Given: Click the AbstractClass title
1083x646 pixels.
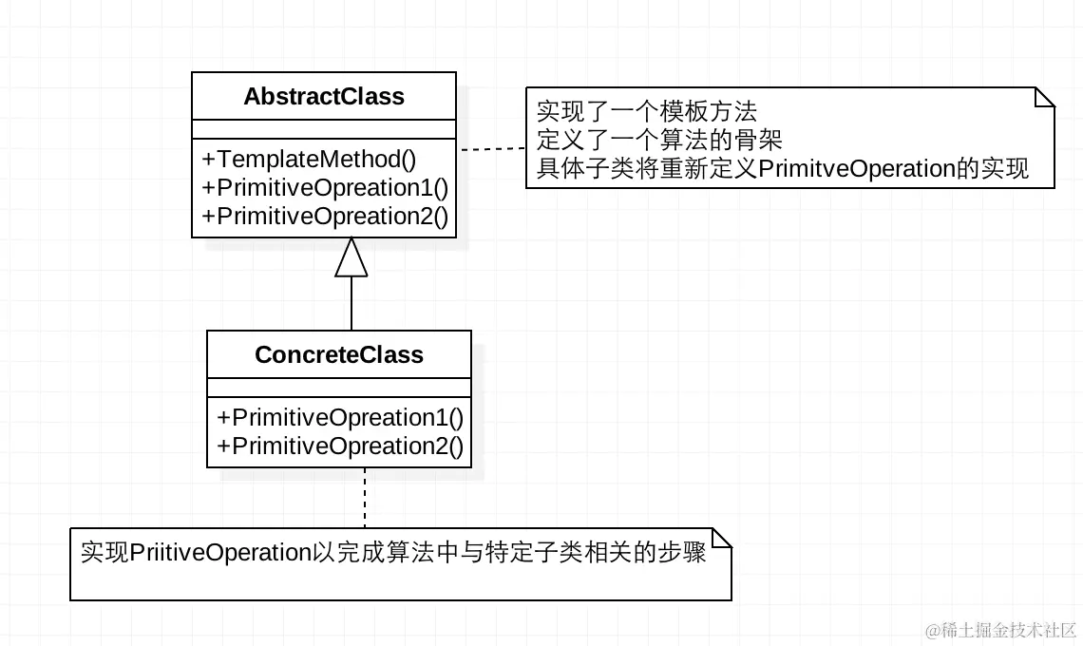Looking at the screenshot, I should click(324, 97).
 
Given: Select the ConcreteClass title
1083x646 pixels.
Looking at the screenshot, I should click(339, 355).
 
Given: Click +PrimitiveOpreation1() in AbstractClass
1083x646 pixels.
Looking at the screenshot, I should click(324, 188).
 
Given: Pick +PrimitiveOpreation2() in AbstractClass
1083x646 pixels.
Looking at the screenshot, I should click(324, 217).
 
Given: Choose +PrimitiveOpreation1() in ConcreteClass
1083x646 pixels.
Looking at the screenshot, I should click(339, 418).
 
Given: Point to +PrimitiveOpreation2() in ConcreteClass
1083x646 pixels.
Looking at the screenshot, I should click(339, 446).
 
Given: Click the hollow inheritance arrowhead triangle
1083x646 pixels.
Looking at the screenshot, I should click(351, 257).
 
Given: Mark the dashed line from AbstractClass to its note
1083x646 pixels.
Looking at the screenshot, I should click(491, 149).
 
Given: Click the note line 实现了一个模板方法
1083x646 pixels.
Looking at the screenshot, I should click(646, 112).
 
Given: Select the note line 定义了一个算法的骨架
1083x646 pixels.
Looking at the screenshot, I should click(659, 141).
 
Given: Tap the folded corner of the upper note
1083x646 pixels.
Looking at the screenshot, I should click(1044, 97).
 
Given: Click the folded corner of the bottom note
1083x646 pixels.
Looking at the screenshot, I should click(721, 538).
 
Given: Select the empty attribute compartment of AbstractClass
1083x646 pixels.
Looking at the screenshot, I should click(324, 129).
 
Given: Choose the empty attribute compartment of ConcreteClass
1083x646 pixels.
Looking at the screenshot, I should click(339, 388).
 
